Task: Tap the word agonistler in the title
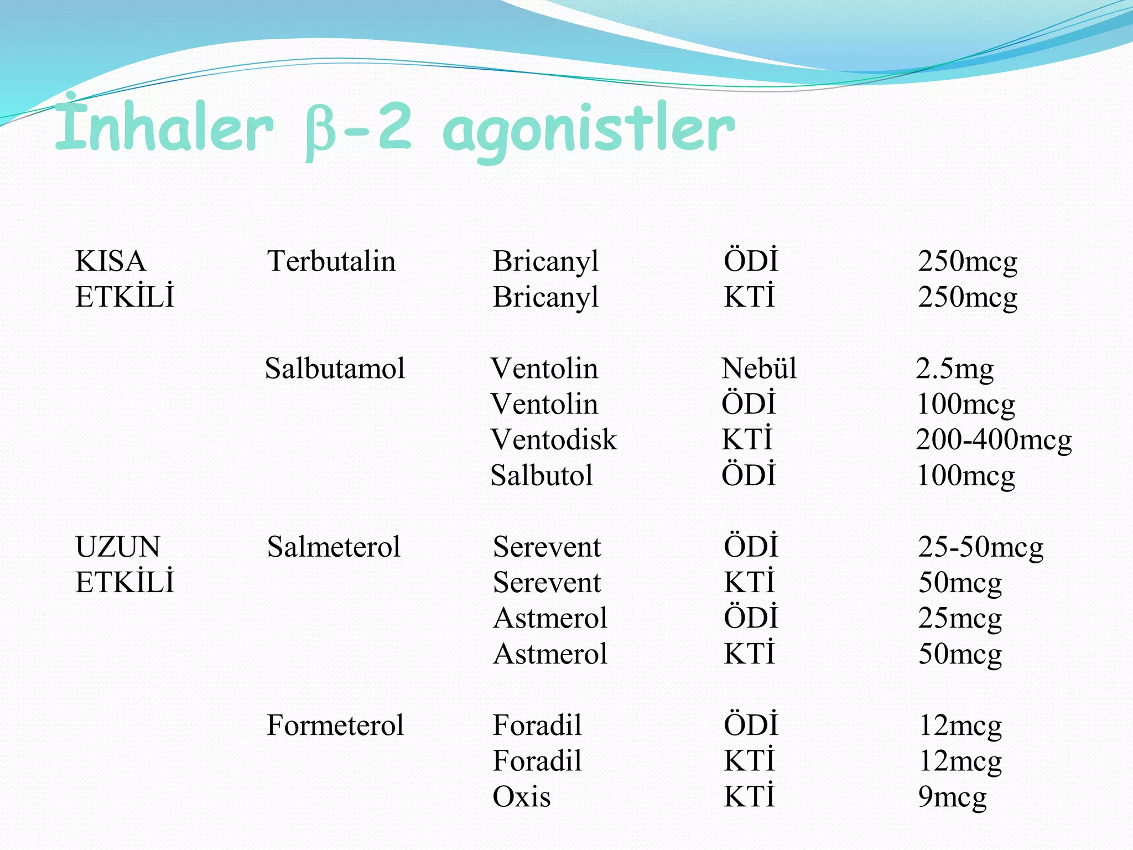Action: point(589,131)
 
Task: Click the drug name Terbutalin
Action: point(331,261)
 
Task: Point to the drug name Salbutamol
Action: point(335,369)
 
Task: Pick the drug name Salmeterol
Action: point(334,547)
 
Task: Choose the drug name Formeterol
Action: point(335,725)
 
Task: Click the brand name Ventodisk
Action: point(553,440)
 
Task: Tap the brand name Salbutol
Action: point(542,475)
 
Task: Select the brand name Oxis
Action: point(521,797)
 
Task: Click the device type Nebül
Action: point(759,369)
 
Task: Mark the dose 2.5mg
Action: point(954,369)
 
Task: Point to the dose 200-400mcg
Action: point(994,440)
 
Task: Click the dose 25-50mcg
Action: point(980,547)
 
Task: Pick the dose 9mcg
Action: point(952,797)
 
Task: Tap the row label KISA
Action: point(111,261)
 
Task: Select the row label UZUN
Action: point(118,547)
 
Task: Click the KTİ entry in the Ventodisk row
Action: point(747,440)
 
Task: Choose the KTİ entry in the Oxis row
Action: point(749,797)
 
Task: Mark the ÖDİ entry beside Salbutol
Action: point(749,475)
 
